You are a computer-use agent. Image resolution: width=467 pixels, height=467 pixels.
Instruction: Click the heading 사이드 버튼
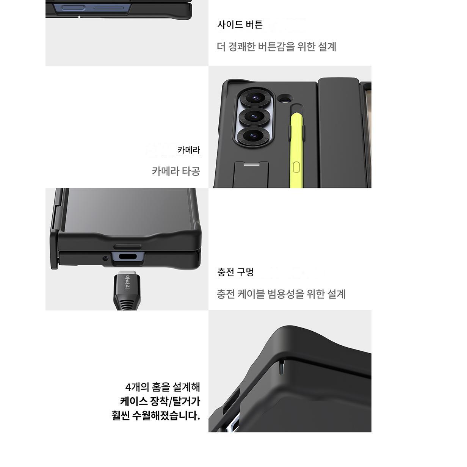point(240,25)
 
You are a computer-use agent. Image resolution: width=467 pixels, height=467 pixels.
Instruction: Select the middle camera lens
point(254,116)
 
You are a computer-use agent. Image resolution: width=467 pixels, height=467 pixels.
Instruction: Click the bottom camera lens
point(253,135)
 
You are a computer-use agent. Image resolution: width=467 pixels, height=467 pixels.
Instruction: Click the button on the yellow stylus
point(296,167)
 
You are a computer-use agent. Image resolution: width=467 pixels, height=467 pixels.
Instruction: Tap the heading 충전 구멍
point(235,272)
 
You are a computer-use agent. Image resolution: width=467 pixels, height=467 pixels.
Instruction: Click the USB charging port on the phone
point(128,257)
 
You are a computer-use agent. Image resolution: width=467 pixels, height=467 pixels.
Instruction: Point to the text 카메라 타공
point(176,171)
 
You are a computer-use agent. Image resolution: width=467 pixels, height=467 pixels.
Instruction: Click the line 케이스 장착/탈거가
point(160,401)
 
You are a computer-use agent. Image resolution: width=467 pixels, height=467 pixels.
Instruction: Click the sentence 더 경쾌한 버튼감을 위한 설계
point(276,47)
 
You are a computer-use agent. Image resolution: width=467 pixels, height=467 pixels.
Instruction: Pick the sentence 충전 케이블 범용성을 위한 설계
point(281,294)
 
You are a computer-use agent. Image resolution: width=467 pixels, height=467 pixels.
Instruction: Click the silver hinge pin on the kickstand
point(251,165)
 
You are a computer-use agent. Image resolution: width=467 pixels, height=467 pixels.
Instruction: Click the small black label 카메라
point(189,150)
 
